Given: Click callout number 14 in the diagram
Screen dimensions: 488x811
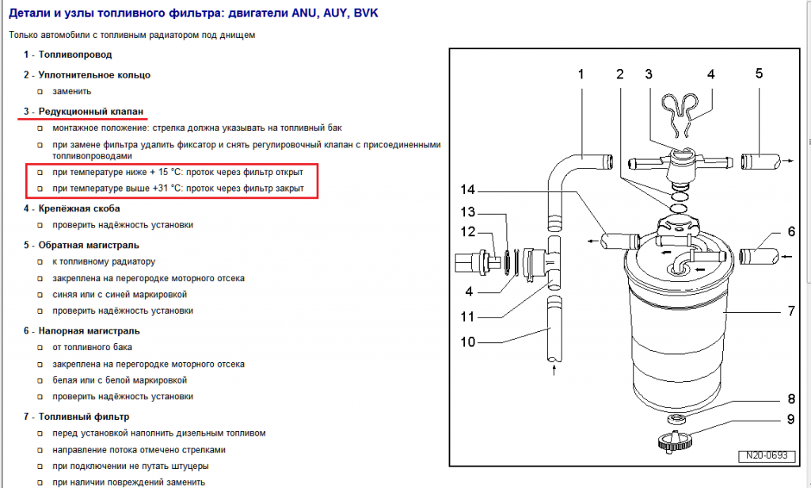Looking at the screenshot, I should click(x=467, y=191).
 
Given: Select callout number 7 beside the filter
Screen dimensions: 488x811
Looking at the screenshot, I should click(x=790, y=311).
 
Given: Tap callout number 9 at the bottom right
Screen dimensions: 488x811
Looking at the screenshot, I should click(x=790, y=420).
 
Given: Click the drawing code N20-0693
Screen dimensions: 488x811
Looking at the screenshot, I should click(x=765, y=456).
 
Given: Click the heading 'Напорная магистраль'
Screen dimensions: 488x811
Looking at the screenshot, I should click(x=89, y=330).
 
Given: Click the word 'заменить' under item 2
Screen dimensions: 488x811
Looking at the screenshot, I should click(x=71, y=91).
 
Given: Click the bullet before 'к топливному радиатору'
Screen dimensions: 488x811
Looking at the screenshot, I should click(x=40, y=261).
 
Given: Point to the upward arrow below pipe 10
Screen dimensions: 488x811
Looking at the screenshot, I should click(x=554, y=368).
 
